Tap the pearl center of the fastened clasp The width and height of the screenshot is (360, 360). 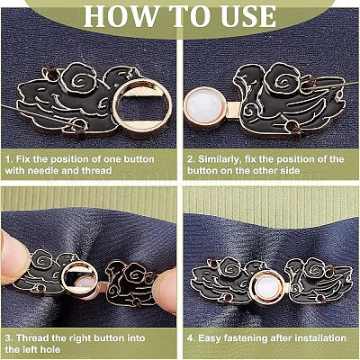[267, 286]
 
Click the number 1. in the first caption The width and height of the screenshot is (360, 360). [10, 158]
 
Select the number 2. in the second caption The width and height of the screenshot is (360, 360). [192, 158]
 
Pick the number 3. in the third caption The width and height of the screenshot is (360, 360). [9, 338]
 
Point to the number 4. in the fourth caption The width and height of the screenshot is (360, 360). [192, 338]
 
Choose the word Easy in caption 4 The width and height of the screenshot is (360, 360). [210, 338]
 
